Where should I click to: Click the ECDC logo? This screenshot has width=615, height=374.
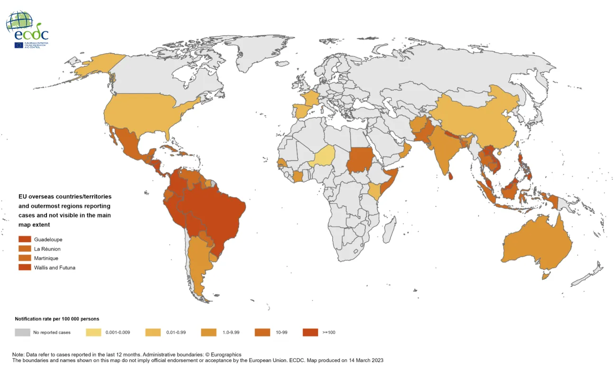pos(27,29)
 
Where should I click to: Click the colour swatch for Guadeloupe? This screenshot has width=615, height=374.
pos(25,240)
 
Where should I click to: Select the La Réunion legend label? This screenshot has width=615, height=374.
pos(47,249)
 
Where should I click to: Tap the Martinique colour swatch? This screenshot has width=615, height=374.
pos(25,258)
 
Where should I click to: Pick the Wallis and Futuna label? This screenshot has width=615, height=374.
pos(55,268)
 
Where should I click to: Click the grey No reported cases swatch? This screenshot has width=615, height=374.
pos(22,332)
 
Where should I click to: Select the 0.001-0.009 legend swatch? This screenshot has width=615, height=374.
pos(93,332)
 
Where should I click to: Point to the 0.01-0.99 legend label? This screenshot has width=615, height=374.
pos(175,332)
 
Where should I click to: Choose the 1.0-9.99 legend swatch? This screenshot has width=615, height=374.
pos(209,332)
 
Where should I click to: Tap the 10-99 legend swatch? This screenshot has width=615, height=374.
pos(262,332)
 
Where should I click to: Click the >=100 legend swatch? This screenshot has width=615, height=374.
pos(310,332)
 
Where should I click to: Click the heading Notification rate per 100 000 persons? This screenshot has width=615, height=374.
pos(57,319)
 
